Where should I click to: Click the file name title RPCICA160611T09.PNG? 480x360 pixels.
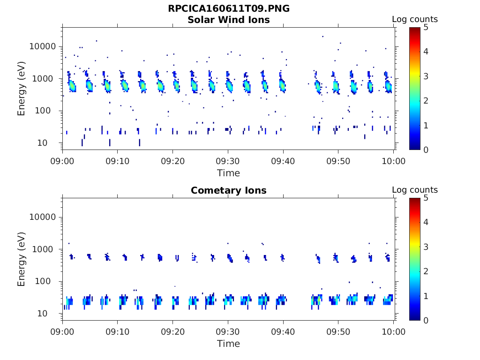(229, 9)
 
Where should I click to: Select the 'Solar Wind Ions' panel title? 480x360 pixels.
(229, 20)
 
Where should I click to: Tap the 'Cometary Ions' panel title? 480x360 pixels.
(229, 191)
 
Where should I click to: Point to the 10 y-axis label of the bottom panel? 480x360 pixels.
(51, 314)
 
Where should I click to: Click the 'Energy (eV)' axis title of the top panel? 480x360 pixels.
(22, 88)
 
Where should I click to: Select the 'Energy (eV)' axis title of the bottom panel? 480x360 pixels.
(22, 259)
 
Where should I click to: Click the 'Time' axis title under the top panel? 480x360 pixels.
(228, 173)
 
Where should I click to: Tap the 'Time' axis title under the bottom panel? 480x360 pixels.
(228, 344)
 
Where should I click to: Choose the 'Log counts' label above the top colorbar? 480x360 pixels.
(415, 19)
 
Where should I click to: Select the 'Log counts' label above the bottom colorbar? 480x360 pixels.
(415, 190)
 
